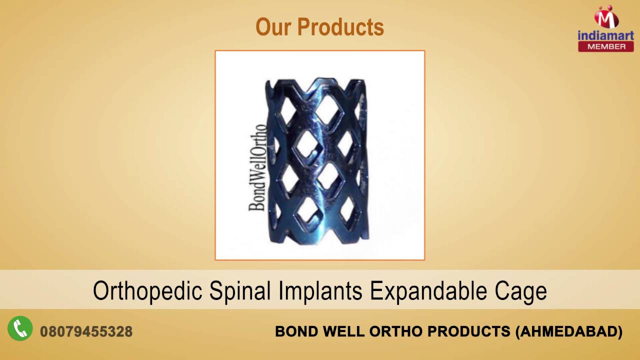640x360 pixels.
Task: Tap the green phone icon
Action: pyautogui.click(x=20, y=328)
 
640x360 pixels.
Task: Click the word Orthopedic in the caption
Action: pyautogui.click(x=147, y=291)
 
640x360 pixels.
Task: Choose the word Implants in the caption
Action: pyautogui.click(x=321, y=291)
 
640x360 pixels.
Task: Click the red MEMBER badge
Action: pyautogui.click(x=605, y=46)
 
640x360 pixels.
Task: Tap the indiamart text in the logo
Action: pyautogui.click(x=605, y=35)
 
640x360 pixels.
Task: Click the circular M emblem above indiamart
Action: pyautogui.click(x=606, y=17)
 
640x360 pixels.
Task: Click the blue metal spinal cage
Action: pyautogui.click(x=320, y=160)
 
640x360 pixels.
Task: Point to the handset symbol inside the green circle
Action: pyautogui.click(x=20, y=328)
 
